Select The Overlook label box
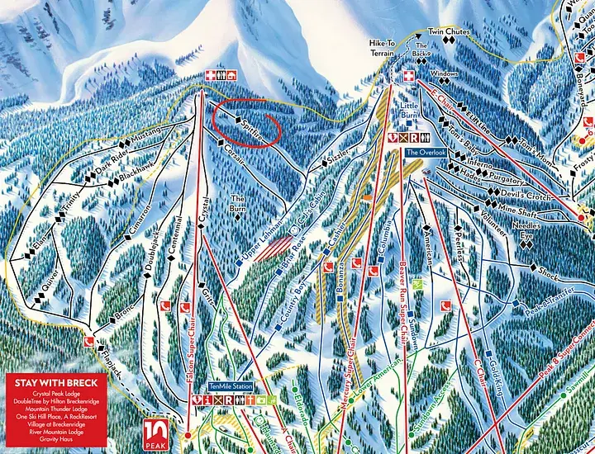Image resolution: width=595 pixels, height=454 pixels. [426, 153]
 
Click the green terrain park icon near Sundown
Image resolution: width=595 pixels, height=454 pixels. [418, 285]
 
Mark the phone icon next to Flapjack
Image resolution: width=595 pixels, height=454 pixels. [87, 340]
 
